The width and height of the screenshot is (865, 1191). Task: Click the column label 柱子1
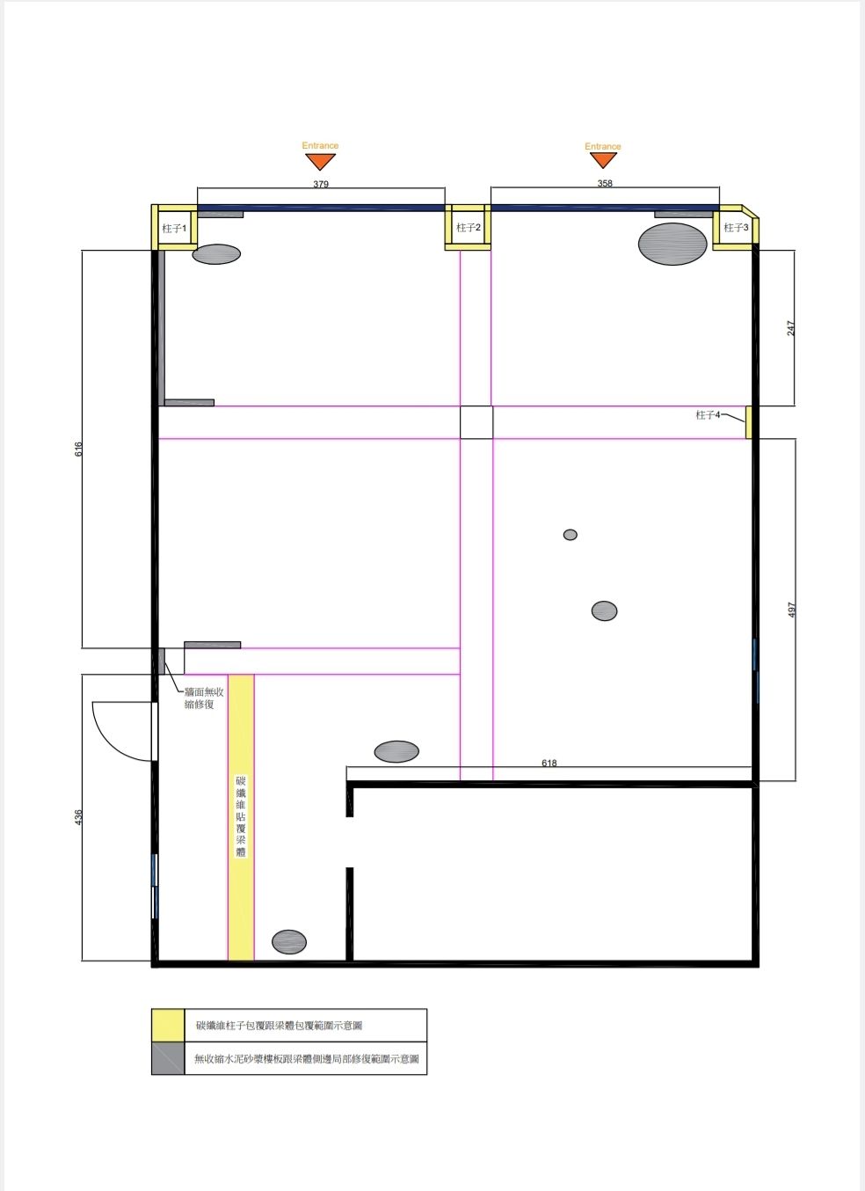[174, 229]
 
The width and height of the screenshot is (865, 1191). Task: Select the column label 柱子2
[468, 228]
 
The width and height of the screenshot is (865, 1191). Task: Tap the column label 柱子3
[736, 228]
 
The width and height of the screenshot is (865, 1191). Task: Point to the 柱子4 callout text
[708, 414]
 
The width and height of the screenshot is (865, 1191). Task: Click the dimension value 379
[321, 184]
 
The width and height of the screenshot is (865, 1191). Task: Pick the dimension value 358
[605, 183]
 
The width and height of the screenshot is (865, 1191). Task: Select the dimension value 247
[791, 327]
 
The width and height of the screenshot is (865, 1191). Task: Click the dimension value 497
[792, 610]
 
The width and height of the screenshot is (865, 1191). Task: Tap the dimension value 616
[78, 449]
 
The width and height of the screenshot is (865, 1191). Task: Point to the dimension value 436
[78, 817]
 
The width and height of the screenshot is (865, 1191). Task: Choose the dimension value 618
[549, 763]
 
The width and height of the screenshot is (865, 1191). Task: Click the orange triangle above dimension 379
[320, 161]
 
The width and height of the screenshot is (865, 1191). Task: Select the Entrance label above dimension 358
[602, 146]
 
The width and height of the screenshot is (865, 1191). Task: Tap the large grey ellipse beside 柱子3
[672, 244]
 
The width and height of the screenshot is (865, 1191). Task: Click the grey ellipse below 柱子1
[216, 254]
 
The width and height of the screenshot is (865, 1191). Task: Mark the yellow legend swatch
[168, 1025]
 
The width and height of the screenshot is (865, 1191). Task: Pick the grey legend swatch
[168, 1058]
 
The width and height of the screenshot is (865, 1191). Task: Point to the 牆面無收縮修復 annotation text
[204, 698]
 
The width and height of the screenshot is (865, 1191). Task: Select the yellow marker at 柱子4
[749, 422]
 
